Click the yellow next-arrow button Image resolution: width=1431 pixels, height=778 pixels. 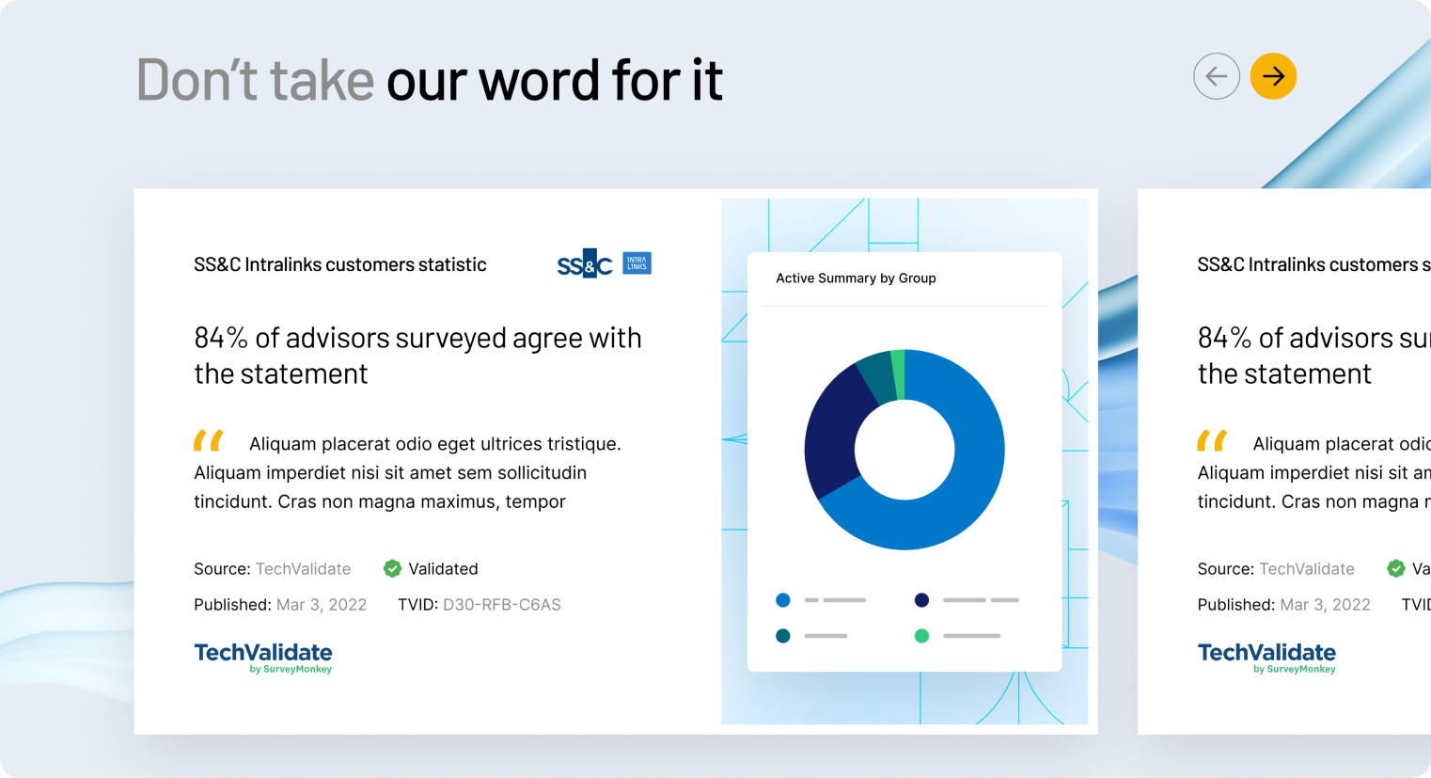(x=1273, y=76)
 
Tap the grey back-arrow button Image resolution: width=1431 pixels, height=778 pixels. (x=1217, y=76)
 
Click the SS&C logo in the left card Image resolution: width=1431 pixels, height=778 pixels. (x=585, y=263)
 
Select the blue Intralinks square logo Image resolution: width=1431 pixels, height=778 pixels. (x=637, y=262)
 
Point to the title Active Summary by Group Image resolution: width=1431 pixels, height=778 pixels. (x=856, y=278)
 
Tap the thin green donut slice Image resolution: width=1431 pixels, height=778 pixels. (x=898, y=374)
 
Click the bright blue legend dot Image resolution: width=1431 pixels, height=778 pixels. (x=782, y=600)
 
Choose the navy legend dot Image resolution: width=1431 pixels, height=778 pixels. (x=921, y=600)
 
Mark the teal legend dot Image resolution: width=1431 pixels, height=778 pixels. (x=782, y=636)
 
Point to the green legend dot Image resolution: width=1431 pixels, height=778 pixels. (x=921, y=636)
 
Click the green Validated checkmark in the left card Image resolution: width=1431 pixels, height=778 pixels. (x=392, y=568)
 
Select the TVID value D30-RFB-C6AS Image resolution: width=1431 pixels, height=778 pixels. (x=501, y=605)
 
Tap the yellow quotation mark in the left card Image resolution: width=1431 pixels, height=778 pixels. (x=209, y=440)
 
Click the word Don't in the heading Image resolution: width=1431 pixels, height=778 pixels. (x=197, y=80)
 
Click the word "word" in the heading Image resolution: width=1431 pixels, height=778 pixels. (x=539, y=80)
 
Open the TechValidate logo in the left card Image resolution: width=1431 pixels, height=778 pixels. (x=263, y=658)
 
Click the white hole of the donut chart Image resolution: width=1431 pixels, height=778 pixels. (x=904, y=450)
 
